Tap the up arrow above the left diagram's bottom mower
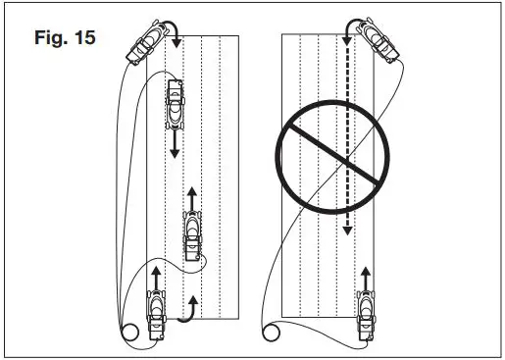tap(156, 274)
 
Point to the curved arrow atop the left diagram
tap(171, 29)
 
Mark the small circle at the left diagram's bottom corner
tap(127, 331)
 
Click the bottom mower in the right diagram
tap(367, 316)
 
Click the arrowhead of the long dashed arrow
tap(346, 230)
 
